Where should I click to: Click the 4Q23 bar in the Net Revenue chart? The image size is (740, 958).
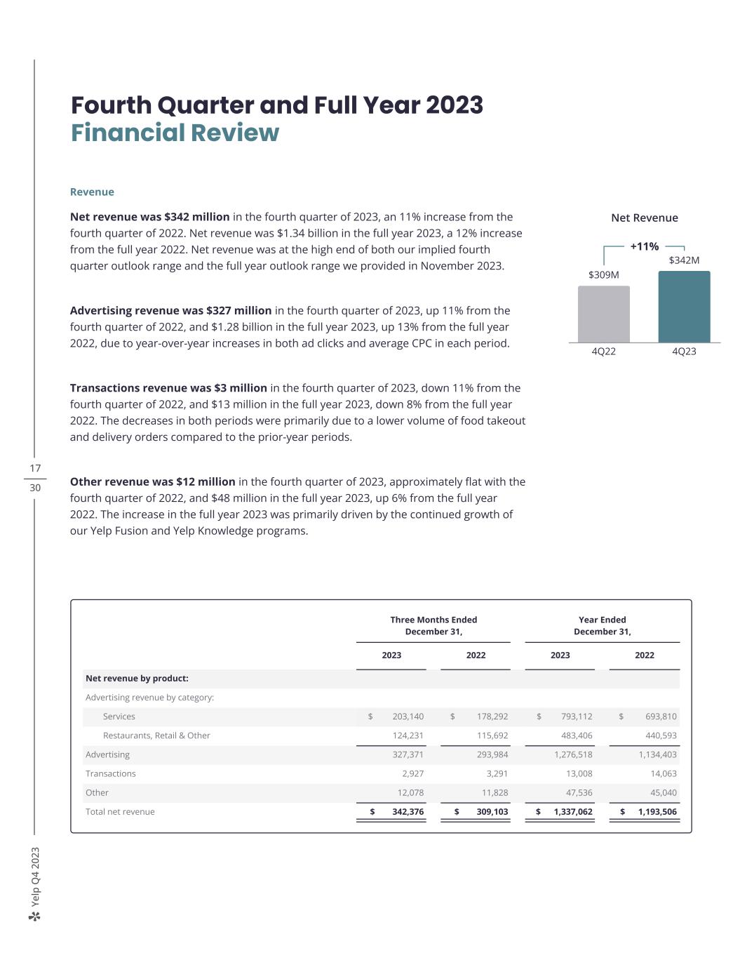tap(684, 307)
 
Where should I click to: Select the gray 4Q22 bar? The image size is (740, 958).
tap(603, 314)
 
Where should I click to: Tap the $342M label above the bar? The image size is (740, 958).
tap(684, 260)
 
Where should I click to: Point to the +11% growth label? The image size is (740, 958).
tap(644, 246)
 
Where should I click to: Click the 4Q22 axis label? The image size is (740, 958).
tap(603, 352)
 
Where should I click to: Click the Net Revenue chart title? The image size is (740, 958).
tap(644, 218)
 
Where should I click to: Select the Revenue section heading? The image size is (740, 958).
tap(92, 192)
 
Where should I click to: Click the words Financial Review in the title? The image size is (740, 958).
tap(175, 133)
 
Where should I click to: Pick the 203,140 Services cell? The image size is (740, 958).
tap(408, 717)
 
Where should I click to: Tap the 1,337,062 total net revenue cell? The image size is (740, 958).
tap(572, 812)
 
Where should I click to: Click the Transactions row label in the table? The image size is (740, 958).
tap(111, 773)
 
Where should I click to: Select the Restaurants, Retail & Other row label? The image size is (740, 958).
tap(156, 736)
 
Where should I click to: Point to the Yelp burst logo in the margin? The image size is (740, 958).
tap(35, 917)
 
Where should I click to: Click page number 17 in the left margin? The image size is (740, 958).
tap(35, 468)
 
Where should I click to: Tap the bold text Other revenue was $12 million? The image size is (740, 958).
tap(152, 482)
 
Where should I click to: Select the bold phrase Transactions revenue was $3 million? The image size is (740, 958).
tap(168, 388)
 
